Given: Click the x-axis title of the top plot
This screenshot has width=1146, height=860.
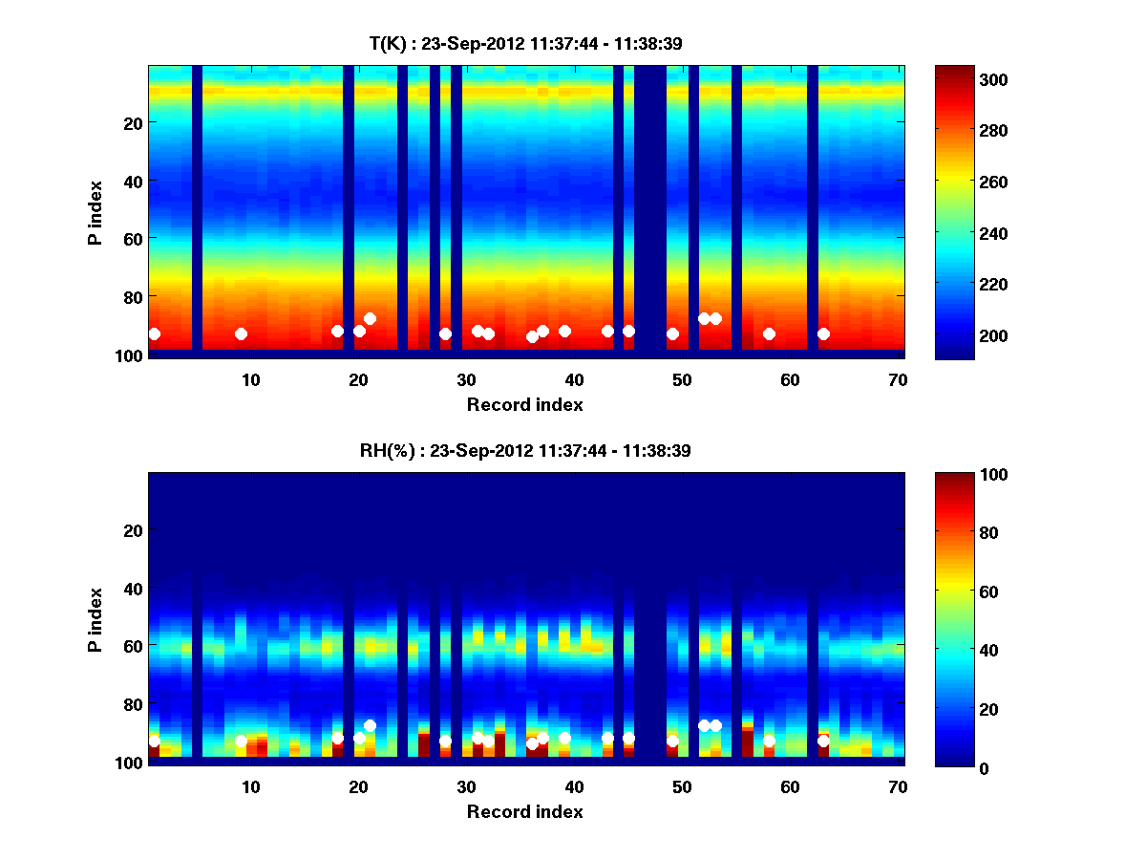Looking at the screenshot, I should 524,404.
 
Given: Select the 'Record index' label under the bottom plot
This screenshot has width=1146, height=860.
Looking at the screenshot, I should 524,811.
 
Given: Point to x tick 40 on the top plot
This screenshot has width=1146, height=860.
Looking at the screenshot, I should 574,379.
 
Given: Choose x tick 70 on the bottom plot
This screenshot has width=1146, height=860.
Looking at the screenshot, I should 898,786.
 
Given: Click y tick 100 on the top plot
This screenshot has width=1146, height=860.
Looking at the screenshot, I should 131,355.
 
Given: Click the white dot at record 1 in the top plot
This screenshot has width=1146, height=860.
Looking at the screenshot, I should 154,333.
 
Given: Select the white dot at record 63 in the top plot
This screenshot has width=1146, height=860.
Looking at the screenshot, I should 823,333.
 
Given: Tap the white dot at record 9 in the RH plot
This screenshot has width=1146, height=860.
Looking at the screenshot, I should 241,741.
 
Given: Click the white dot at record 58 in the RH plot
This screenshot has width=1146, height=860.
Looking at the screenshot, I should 769,741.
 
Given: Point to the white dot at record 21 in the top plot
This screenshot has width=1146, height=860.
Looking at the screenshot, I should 370,318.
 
